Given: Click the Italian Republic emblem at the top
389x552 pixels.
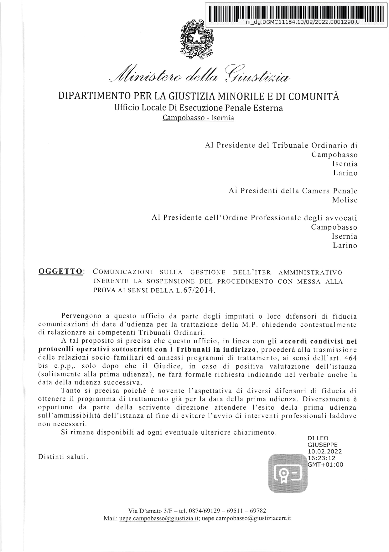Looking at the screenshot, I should (x=196, y=38).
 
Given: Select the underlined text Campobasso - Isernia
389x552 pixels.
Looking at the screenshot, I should (x=198, y=118).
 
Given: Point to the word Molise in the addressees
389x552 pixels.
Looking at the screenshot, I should (x=345, y=200).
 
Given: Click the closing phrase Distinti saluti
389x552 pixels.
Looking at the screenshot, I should (x=63, y=457).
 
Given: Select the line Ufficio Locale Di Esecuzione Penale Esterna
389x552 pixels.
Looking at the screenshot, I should (x=198, y=108).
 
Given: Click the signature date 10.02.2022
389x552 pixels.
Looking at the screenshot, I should (x=325, y=451).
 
